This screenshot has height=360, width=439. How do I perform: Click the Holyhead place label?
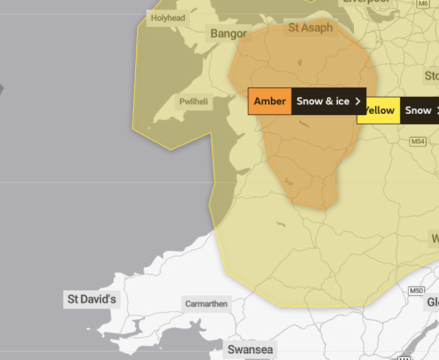pos(168,18)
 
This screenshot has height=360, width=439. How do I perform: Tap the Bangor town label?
pos(228,34)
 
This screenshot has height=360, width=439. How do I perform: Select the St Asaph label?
pos(310,28)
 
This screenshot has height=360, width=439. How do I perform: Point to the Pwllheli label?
pos(193,101)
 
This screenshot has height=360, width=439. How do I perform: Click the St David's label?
pos(92,300)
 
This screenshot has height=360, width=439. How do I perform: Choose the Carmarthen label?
pos(206,304)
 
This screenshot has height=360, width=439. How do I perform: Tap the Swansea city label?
pos(250,350)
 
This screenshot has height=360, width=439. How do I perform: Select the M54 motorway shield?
pos(418,141)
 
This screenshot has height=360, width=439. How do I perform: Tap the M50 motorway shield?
pos(416,291)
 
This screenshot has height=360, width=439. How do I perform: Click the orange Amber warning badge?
pos(270,101)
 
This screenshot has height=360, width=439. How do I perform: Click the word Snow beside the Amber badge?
pos(310,101)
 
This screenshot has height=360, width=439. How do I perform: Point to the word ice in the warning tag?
pos(342,101)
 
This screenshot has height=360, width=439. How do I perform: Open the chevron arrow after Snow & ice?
pos(357,101)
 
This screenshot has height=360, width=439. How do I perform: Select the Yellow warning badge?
pos(379,110)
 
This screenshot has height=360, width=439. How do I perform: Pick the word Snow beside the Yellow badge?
pos(418,110)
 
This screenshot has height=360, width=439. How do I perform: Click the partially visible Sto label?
pos(431,75)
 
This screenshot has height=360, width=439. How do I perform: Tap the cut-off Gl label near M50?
pos(433,302)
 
